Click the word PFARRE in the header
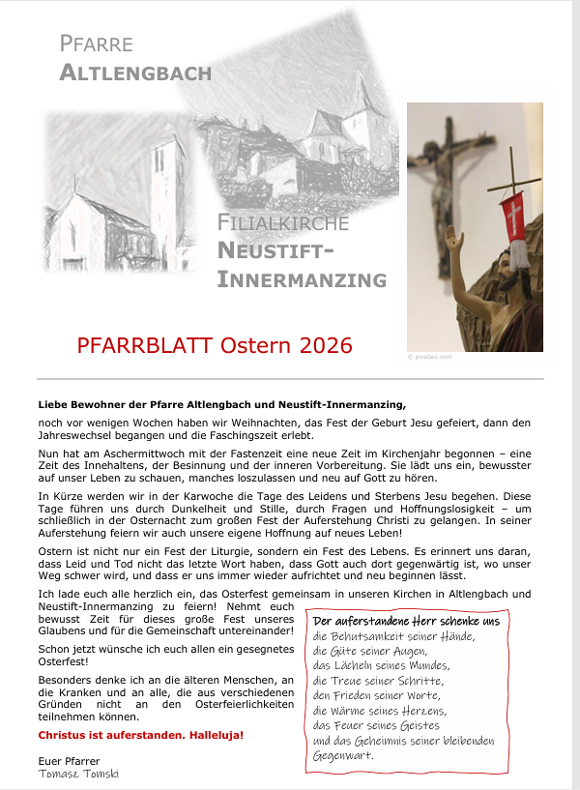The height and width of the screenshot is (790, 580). point(96,44)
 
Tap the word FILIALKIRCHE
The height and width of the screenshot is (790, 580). point(283,224)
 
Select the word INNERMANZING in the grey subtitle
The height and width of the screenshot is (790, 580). point(302,280)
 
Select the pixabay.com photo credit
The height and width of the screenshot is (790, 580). point(426,357)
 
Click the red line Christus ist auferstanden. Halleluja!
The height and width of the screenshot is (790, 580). point(141,735)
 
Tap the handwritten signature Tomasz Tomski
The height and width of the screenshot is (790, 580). point(78,774)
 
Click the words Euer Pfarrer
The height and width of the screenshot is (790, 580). point(71,761)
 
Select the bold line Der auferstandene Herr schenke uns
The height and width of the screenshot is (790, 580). point(406,621)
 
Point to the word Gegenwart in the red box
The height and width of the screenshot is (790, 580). point(343,755)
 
